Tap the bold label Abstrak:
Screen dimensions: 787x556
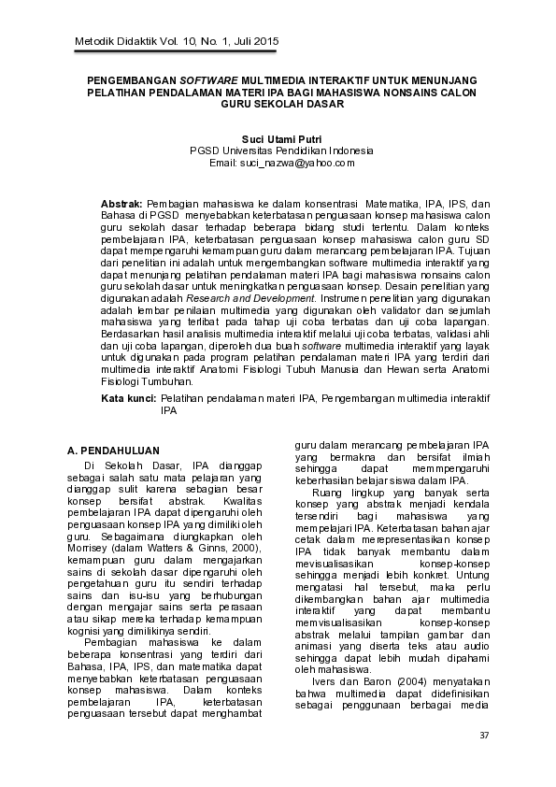(x=121, y=203)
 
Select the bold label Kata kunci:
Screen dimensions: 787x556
(x=128, y=398)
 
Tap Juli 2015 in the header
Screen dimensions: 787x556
(x=255, y=42)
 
